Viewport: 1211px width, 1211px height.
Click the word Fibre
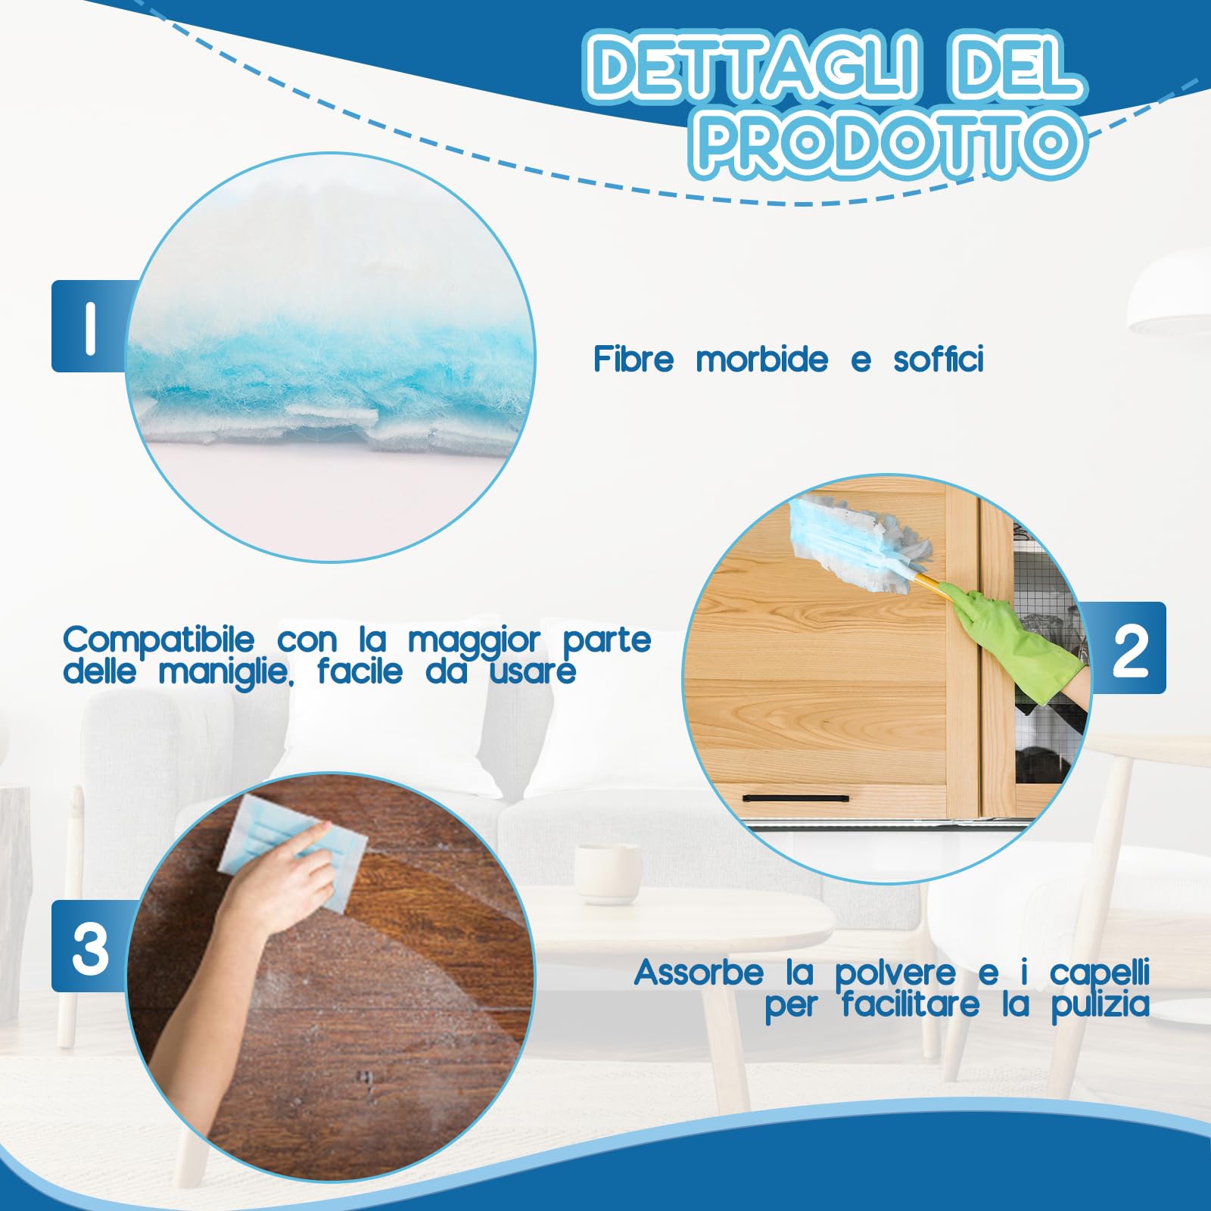[633, 360]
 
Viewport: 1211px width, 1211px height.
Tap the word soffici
[939, 360]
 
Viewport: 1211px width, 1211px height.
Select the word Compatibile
[159, 640]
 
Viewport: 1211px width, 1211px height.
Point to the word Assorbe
[699, 973]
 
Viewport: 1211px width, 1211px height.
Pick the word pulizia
[1100, 1006]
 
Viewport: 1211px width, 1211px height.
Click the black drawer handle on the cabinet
[795, 798]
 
